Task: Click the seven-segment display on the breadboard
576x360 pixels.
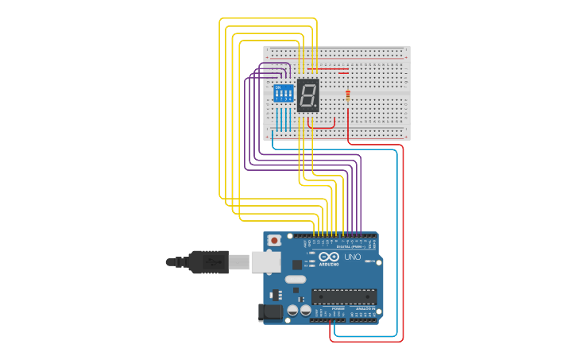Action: tap(308, 95)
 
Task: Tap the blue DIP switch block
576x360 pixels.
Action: tap(283, 94)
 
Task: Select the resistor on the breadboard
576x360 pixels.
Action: tap(348, 96)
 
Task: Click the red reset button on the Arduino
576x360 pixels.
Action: tap(275, 239)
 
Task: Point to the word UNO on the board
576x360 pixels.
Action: tap(352, 257)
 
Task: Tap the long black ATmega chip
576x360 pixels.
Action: tap(343, 296)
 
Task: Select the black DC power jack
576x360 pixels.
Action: tap(271, 313)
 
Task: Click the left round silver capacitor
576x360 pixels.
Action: tap(292, 311)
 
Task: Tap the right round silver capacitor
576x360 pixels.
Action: tap(305, 311)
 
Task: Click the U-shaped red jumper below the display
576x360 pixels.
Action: tap(322, 123)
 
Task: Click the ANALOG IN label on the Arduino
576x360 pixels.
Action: tap(363, 308)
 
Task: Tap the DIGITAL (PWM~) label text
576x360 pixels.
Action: tap(349, 247)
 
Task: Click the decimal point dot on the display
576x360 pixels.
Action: tap(318, 107)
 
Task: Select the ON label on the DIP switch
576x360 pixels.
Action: tap(278, 87)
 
